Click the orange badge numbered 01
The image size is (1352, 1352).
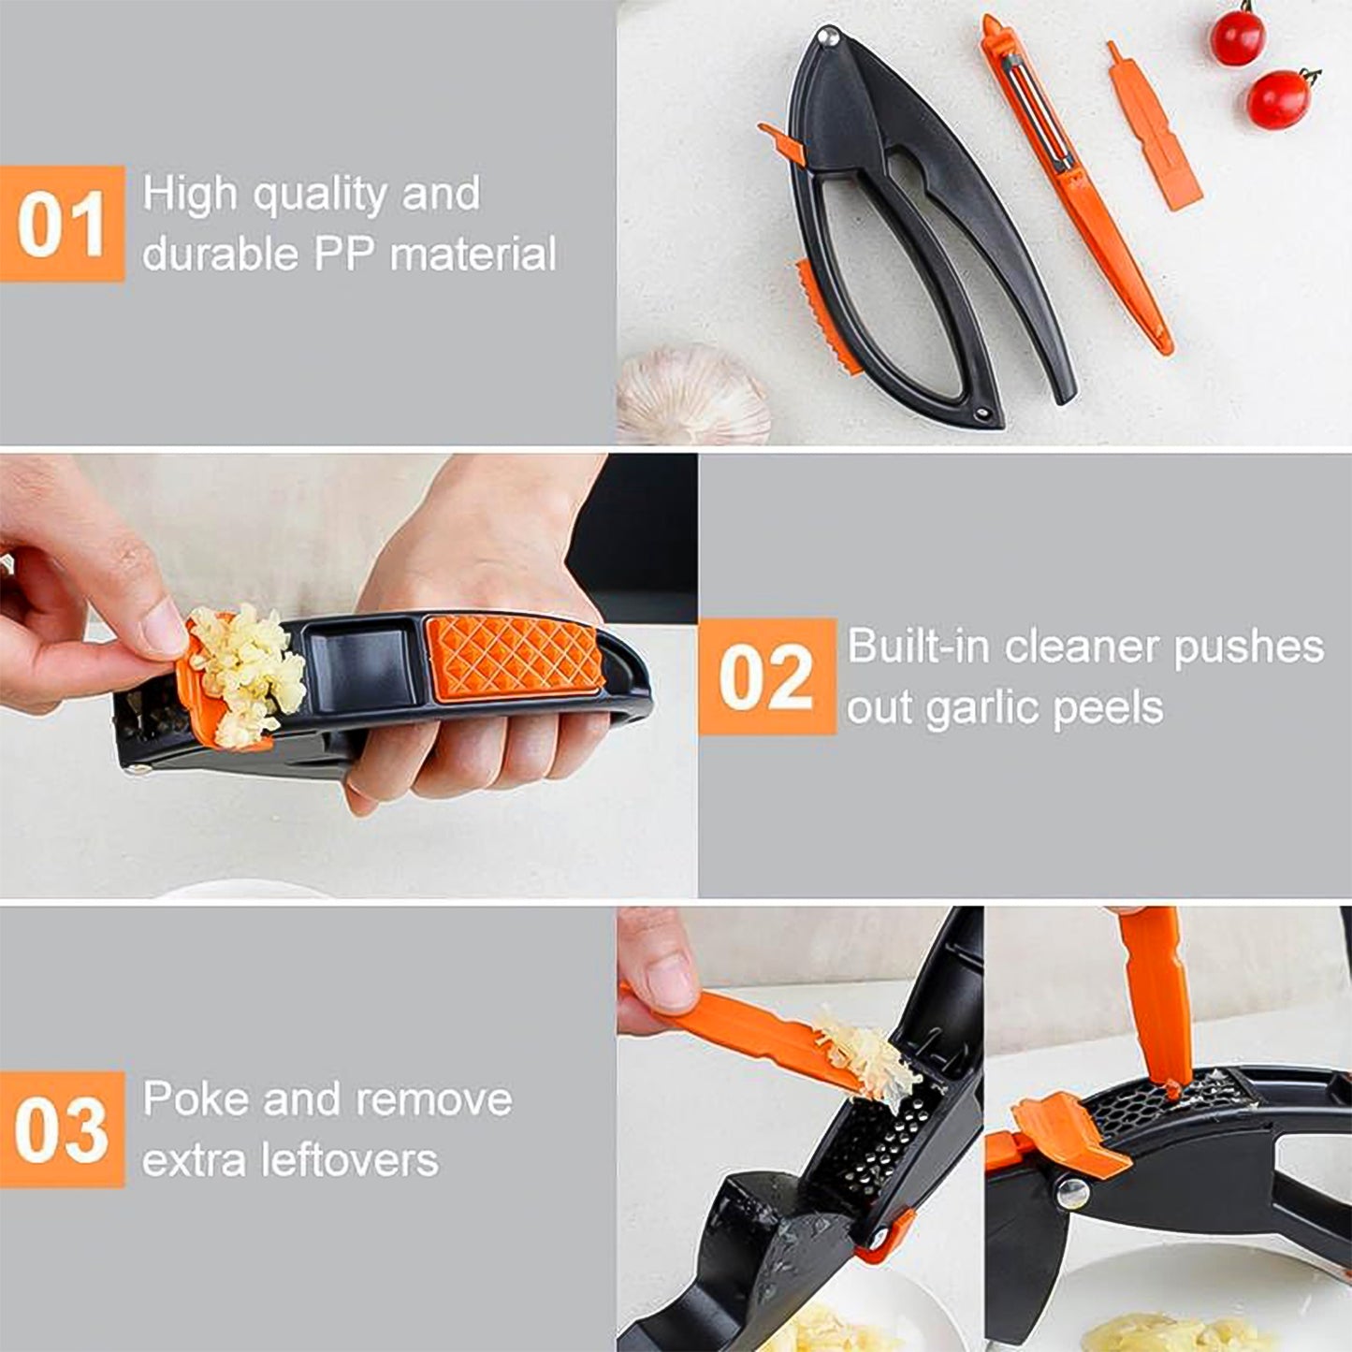click(62, 224)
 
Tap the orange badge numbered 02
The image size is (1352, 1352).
click(766, 676)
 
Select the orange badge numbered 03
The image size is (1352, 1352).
click(62, 1129)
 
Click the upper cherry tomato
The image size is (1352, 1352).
click(1236, 36)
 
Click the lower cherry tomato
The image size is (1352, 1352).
click(1279, 99)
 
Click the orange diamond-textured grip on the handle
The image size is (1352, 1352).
click(514, 655)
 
